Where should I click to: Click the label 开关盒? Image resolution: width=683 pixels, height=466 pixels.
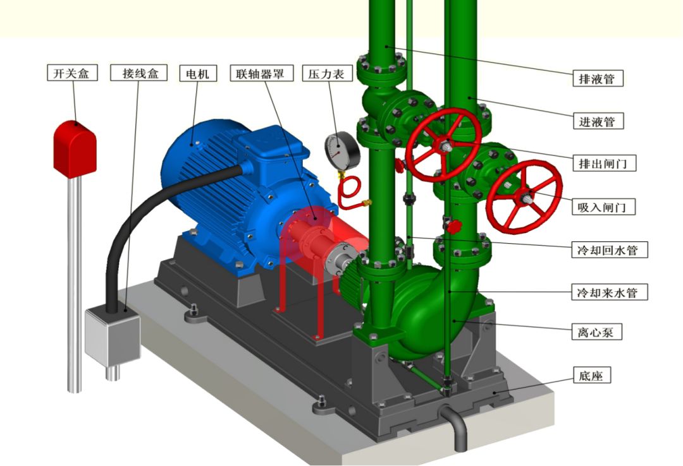point(72,73)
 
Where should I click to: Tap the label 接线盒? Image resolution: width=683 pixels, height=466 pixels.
point(139,73)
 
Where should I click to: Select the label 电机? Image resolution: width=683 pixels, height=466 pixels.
point(198,73)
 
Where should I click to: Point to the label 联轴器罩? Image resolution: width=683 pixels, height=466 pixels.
point(262,73)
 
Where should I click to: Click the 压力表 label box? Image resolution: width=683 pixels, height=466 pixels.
point(327,73)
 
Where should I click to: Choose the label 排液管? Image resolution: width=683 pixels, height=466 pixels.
point(598,78)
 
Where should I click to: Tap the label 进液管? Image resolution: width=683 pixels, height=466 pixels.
point(598,121)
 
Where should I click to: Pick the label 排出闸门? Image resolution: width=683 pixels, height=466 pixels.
point(604,163)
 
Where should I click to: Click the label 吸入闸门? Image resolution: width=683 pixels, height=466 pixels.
point(604,206)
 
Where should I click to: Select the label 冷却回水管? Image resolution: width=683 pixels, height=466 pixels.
point(610,250)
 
